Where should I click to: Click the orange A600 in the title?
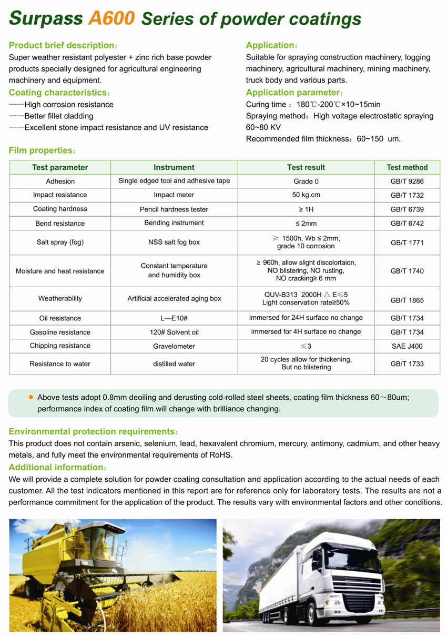pyautogui.click(x=111, y=19)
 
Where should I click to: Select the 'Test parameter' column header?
pyautogui.click(x=60, y=167)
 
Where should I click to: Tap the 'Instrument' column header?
pyautogui.click(x=174, y=167)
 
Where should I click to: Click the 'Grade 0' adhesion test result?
pyautogui.click(x=306, y=181)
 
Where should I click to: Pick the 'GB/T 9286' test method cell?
pyautogui.click(x=407, y=181)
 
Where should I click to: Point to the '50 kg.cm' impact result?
pyautogui.click(x=306, y=195)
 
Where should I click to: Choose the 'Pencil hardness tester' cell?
pyautogui.click(x=174, y=209)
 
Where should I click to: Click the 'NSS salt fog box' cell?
pyautogui.click(x=174, y=242)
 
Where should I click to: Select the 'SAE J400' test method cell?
pyautogui.click(x=407, y=346)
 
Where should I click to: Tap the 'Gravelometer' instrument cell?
pyautogui.click(x=174, y=346)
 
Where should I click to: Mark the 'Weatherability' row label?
pyautogui.click(x=60, y=299)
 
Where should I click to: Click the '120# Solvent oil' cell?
pyautogui.click(x=174, y=332)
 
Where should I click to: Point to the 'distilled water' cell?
pyautogui.click(x=174, y=364)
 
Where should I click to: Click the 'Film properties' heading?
pyautogui.click(x=41, y=151)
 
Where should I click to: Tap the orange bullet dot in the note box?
pyautogui.click(x=31, y=397)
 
